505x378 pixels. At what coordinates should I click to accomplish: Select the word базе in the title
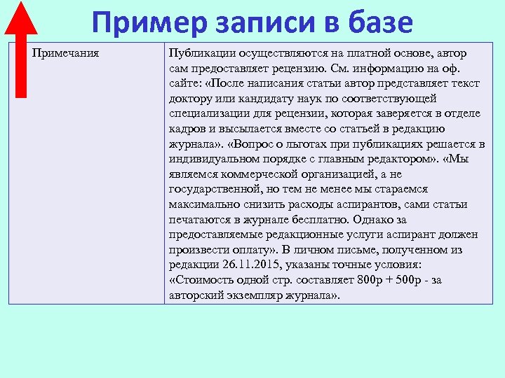379,22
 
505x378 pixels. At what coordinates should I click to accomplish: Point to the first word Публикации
202,53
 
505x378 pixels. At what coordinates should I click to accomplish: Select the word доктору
191,99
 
